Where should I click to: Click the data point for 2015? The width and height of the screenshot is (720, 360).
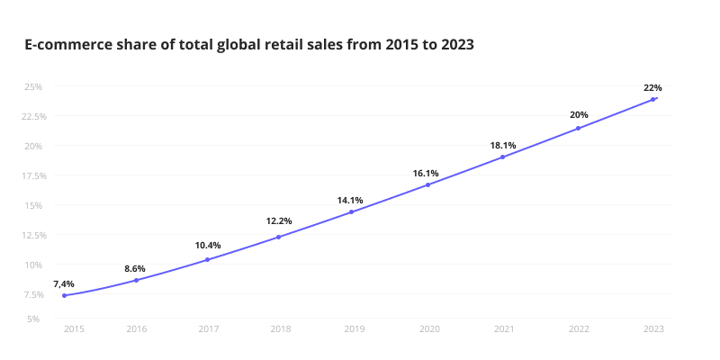point(64,295)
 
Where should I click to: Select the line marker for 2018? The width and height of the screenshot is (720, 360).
point(278,237)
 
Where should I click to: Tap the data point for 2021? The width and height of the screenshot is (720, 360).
point(502,157)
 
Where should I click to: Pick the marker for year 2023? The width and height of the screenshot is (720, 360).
point(652,99)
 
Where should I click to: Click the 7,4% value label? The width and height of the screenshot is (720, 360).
point(64,283)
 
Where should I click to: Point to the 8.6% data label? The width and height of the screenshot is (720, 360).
point(134,268)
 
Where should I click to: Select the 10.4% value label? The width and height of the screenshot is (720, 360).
point(208,245)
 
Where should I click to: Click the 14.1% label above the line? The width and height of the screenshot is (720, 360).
point(350,200)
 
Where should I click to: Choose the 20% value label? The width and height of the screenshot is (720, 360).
point(579,114)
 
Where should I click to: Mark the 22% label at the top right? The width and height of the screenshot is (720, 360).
point(652,87)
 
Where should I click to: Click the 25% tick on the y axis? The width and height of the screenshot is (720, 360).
point(33,86)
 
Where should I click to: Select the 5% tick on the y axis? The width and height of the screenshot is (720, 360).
point(33,319)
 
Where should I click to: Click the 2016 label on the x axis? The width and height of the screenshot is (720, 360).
point(137,329)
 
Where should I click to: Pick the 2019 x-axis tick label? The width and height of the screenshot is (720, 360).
point(355,329)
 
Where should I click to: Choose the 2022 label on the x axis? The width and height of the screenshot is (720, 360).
point(579,329)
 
